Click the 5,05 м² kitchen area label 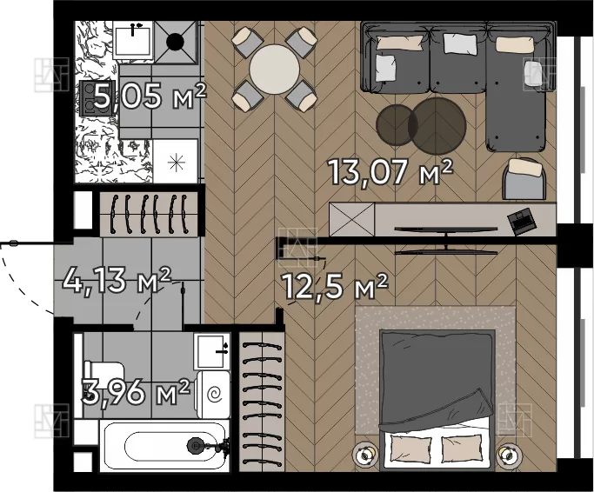150,96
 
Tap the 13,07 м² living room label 390,171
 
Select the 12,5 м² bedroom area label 335,286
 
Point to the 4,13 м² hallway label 117,280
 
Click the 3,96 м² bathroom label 136,391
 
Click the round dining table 274,70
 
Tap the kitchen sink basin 133,40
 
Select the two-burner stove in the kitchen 96,98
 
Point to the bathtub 164,446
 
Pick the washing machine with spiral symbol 213,395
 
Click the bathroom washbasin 212,351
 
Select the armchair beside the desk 524,178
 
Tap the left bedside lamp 365,453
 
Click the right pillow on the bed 461,449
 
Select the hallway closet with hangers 149,215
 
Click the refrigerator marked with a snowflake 176,161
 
